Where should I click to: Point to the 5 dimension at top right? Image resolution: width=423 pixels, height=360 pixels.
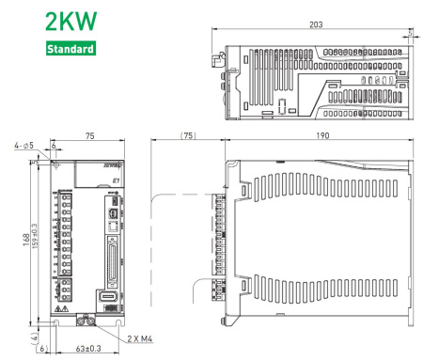tap(415, 32)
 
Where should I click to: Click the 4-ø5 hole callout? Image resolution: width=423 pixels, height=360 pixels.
tap(25, 146)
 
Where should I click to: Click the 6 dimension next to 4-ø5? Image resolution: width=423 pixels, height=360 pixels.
tap(54, 146)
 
